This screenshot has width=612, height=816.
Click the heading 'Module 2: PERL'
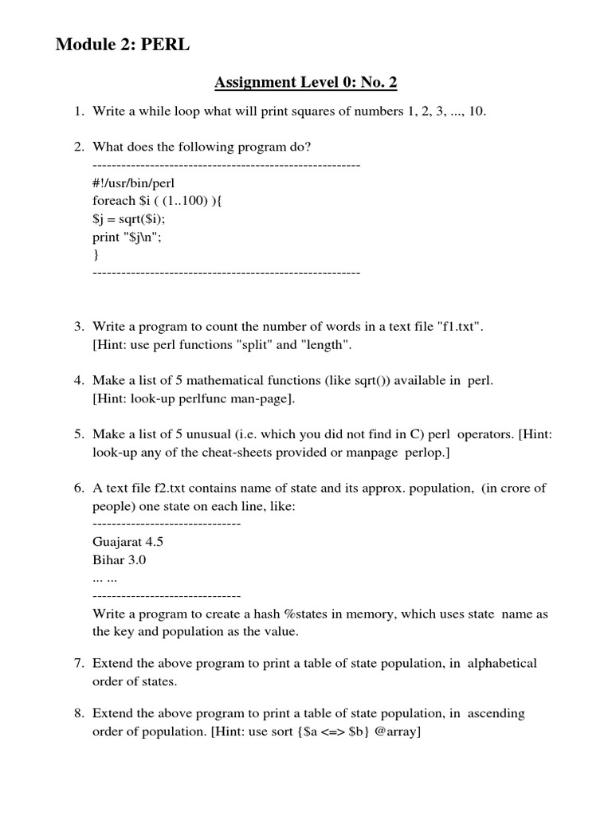coord(123,45)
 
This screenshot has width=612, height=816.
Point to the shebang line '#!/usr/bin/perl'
coord(134,182)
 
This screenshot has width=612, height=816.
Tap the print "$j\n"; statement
coord(132,237)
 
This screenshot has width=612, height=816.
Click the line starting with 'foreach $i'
coord(157,201)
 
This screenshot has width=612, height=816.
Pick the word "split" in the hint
coord(253,345)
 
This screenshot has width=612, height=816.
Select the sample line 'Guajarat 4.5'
coord(128,542)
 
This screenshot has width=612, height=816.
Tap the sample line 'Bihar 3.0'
coord(120,560)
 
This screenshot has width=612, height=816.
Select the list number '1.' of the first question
coord(79,111)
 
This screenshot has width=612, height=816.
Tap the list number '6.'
coord(79,488)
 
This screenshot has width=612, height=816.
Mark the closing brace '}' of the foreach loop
coord(96,255)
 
